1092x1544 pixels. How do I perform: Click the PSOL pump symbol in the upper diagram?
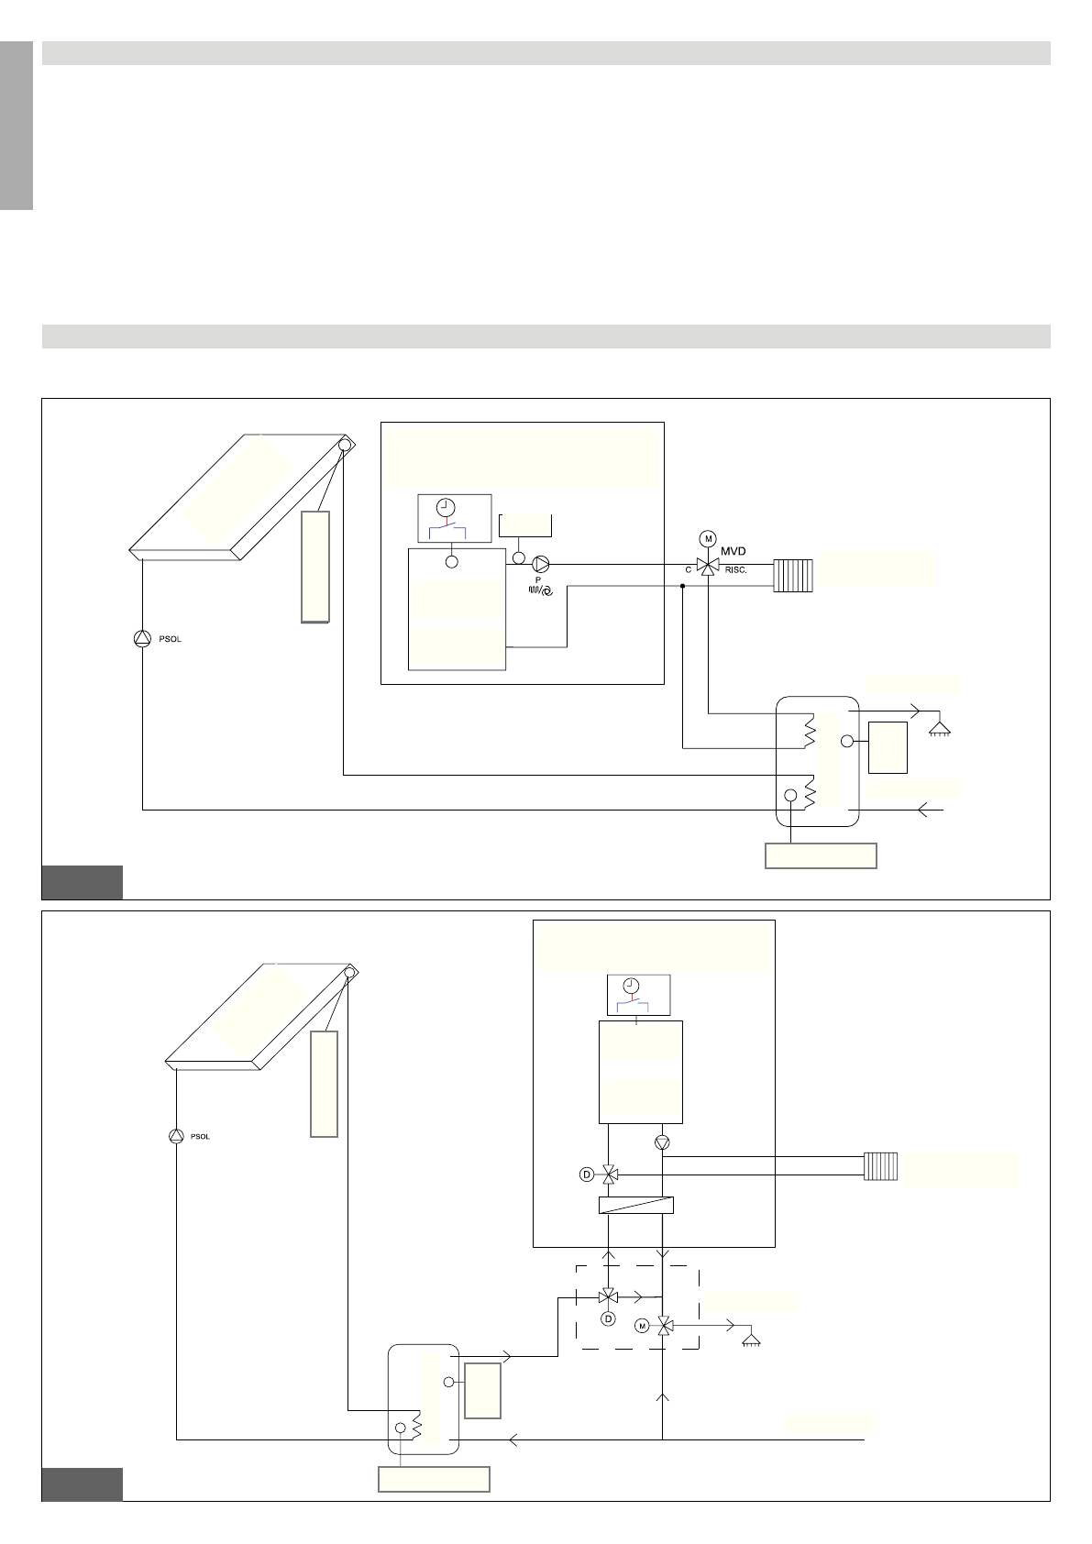click(x=141, y=639)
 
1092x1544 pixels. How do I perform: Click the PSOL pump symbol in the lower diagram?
click(x=176, y=1136)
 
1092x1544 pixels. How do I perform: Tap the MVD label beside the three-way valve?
click(x=733, y=551)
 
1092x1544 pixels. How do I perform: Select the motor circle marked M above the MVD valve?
click(x=707, y=537)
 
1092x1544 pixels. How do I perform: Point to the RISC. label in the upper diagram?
click(x=735, y=570)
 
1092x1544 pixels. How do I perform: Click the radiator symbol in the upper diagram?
click(x=793, y=575)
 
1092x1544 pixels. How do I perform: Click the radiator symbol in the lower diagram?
click(x=880, y=1166)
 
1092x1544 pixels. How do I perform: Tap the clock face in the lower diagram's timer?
click(x=631, y=986)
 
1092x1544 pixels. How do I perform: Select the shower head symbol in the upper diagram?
click(x=939, y=729)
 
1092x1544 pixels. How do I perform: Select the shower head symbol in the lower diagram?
click(x=751, y=1341)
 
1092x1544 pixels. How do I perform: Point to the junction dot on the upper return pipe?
click(x=683, y=586)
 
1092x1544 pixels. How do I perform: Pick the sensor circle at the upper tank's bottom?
click(x=789, y=795)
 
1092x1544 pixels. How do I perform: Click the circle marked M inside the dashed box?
click(x=642, y=1326)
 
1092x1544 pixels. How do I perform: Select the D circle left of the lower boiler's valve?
click(x=587, y=1174)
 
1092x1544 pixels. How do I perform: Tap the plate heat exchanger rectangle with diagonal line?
click(x=635, y=1205)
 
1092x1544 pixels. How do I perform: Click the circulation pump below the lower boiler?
click(x=663, y=1142)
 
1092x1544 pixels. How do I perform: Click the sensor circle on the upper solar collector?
click(x=345, y=446)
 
